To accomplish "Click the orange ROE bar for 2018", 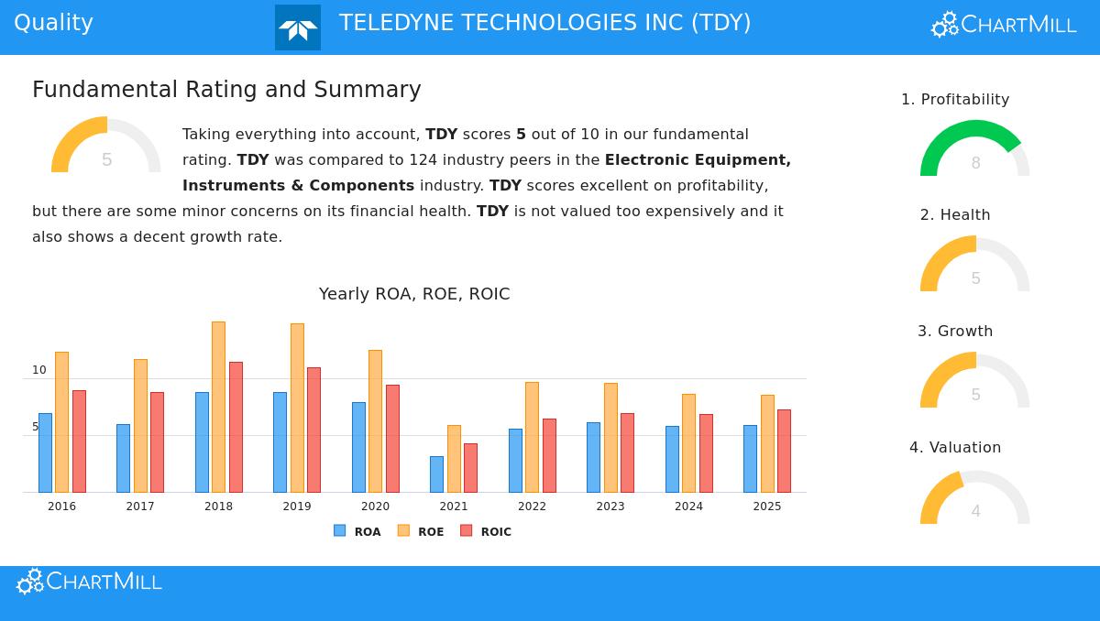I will [x=218, y=407].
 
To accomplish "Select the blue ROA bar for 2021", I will [x=436, y=474].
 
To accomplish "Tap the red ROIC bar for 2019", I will [x=313, y=430].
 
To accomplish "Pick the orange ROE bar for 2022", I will [x=532, y=437].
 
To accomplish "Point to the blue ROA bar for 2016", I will [x=45, y=452].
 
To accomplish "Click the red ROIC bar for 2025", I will [x=784, y=451].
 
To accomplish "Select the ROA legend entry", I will [x=357, y=531].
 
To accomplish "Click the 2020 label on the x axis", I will [x=375, y=507].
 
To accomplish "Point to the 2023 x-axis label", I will [x=610, y=507].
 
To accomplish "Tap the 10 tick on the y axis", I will [x=39, y=370].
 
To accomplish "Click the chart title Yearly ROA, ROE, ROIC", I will [x=414, y=294].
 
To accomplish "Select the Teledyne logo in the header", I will [x=298, y=27].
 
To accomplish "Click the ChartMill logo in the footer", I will [x=90, y=582].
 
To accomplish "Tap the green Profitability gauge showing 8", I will [x=974, y=148].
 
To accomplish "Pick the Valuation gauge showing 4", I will [x=974, y=499].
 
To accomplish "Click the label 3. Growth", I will [x=955, y=331].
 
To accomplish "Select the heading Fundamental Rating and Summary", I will [x=226, y=90].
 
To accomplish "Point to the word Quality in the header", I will [x=53, y=23].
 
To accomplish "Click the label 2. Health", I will [x=955, y=214].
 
